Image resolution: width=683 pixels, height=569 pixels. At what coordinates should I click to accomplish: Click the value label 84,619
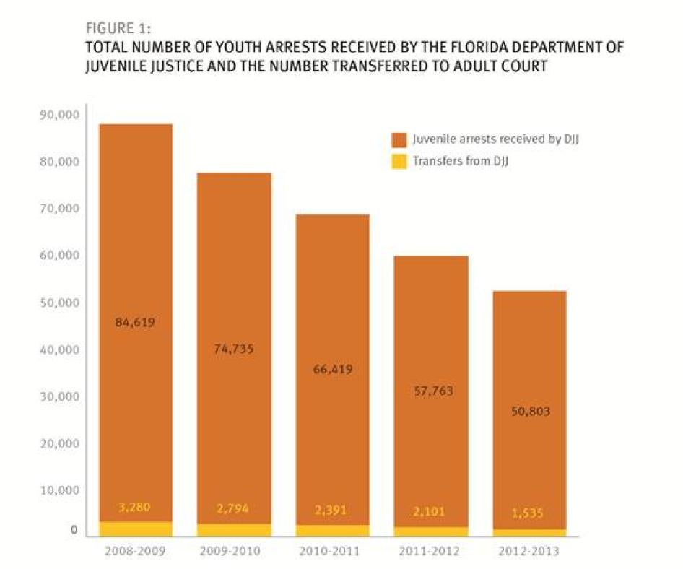click(135, 322)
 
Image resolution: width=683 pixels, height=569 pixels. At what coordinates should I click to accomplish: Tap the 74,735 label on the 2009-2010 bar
click(233, 349)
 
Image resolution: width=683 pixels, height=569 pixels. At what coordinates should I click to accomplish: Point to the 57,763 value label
click(430, 391)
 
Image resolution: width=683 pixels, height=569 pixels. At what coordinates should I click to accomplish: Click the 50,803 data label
click(528, 412)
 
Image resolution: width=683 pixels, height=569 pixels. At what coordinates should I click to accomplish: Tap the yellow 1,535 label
click(528, 513)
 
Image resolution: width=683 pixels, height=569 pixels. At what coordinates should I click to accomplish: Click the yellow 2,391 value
click(331, 510)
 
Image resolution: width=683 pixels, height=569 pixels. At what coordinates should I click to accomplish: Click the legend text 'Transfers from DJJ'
click(460, 161)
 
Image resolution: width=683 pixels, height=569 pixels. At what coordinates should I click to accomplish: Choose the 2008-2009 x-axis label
click(135, 551)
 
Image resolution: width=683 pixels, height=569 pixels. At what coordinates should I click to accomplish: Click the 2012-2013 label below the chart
click(528, 551)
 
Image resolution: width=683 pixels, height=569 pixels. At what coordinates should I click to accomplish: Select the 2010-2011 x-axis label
click(331, 551)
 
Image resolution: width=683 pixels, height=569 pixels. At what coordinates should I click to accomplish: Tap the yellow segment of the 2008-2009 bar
click(135, 529)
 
